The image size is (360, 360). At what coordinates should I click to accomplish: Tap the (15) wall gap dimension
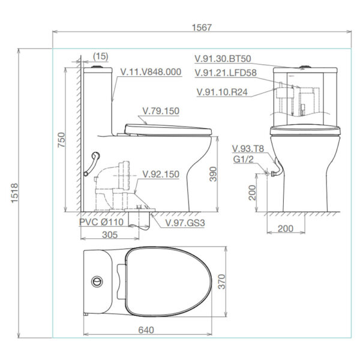coord(101,56)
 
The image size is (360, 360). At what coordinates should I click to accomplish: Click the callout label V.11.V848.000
coord(151,71)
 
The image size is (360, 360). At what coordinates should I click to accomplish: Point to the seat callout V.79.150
coord(160,110)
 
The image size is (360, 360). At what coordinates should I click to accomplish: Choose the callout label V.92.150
coord(160,175)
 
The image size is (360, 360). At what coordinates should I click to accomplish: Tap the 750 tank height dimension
coord(61,142)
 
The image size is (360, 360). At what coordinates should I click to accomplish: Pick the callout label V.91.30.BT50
coord(223,59)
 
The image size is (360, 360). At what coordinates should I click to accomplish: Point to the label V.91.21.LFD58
coord(226,73)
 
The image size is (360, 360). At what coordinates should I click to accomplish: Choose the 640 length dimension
coord(147,330)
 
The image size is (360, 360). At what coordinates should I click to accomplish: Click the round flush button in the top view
coord(95,281)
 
